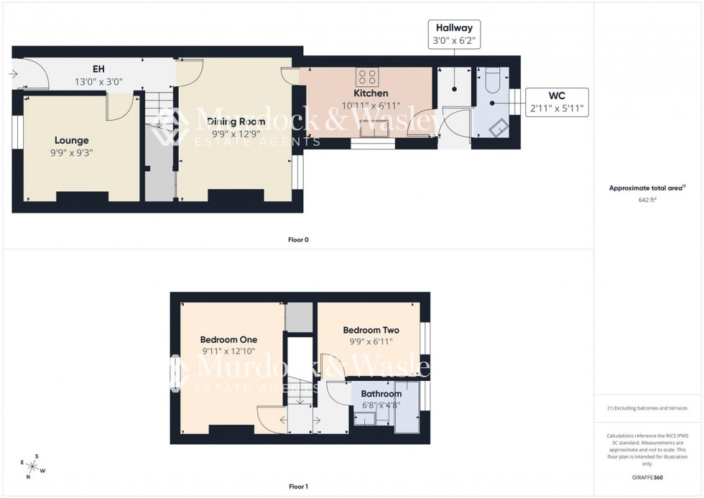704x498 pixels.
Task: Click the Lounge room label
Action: pos(70,140)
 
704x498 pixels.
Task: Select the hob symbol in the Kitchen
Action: pos(368,77)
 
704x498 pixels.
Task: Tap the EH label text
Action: pos(99,70)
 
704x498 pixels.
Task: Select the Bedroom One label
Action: pos(228,340)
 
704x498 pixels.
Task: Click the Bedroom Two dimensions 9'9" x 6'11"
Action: pos(371,342)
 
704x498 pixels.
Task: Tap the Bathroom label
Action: pos(381,394)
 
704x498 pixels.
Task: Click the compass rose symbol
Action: pos(34,466)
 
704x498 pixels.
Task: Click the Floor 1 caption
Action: pos(298,487)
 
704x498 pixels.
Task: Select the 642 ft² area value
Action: pos(647,200)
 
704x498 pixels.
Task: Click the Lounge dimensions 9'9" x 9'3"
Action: pos(70,152)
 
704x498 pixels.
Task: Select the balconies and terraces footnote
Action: pos(647,408)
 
